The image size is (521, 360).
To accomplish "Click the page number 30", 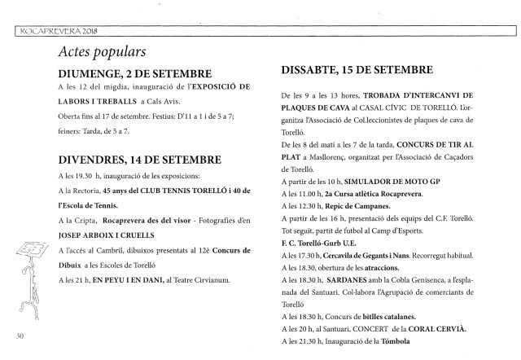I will tap(20, 335).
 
